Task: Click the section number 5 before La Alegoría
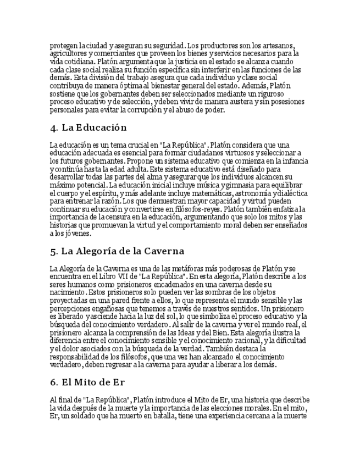click(x=53, y=252)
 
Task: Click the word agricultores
click(x=67, y=53)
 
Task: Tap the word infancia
click(x=292, y=161)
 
